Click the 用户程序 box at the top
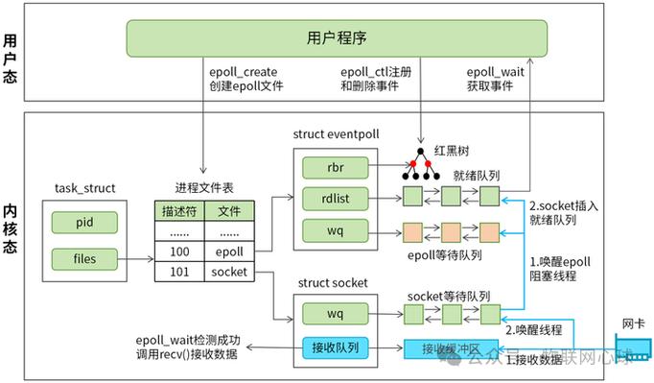click(336, 39)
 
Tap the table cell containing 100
click(179, 251)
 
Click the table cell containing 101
click(179, 273)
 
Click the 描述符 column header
click(179, 210)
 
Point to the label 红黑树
click(455, 153)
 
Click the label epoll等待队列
click(444, 256)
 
